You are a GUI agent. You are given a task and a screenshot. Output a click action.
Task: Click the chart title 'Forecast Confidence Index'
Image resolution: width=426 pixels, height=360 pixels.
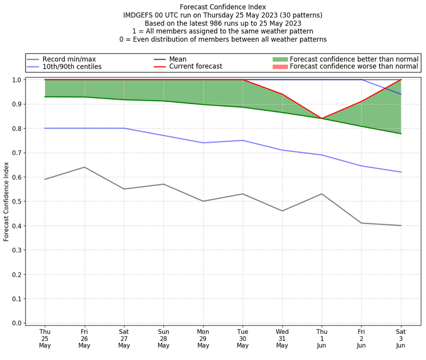pos(223,7)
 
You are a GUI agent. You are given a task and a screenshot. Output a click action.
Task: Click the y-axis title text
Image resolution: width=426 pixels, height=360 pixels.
pos(6,201)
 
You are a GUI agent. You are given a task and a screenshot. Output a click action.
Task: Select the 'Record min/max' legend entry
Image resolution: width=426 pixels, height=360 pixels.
pos(69,59)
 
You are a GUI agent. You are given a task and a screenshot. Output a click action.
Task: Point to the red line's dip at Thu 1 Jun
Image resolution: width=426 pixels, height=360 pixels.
pos(322,119)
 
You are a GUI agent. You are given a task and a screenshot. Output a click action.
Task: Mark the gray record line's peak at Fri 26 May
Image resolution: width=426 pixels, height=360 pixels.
pos(84,167)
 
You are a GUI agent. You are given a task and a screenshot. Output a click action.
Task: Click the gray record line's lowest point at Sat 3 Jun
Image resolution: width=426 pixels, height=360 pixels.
pos(400,225)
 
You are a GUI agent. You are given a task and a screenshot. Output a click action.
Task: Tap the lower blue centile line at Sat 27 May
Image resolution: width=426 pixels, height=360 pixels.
pos(124,128)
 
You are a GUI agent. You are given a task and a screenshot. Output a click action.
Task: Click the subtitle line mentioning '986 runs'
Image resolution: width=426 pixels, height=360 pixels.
pos(223,23)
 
